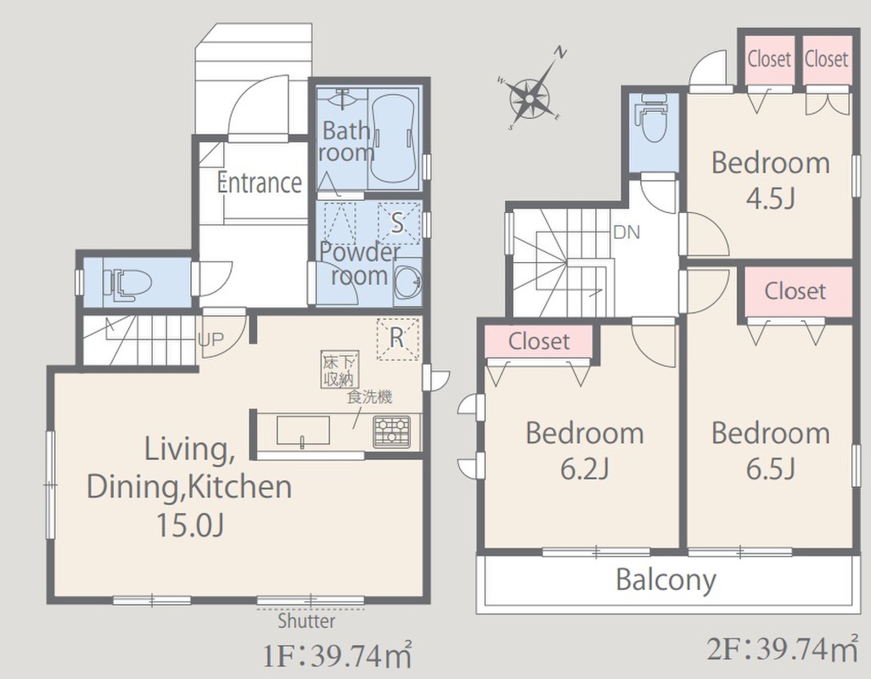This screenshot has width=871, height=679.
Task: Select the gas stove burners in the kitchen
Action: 391,431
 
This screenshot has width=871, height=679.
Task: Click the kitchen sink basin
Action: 303,431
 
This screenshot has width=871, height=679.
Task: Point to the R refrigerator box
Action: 397,338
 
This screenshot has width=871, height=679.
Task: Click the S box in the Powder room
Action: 398,223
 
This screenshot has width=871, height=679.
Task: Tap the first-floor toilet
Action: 127,283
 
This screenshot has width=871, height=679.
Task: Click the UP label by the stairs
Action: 211,339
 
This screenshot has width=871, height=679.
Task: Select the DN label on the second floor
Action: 627,232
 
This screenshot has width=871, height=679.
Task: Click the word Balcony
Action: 666,581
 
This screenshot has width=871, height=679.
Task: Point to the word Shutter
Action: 306,620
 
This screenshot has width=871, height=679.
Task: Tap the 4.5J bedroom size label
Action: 771,199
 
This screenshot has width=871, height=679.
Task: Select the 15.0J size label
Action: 190,524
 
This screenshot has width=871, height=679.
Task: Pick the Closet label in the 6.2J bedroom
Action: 539,341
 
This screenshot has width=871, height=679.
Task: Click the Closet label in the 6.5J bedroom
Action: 795,291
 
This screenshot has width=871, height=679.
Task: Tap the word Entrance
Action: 260,182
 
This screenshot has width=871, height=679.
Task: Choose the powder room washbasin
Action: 409,282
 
